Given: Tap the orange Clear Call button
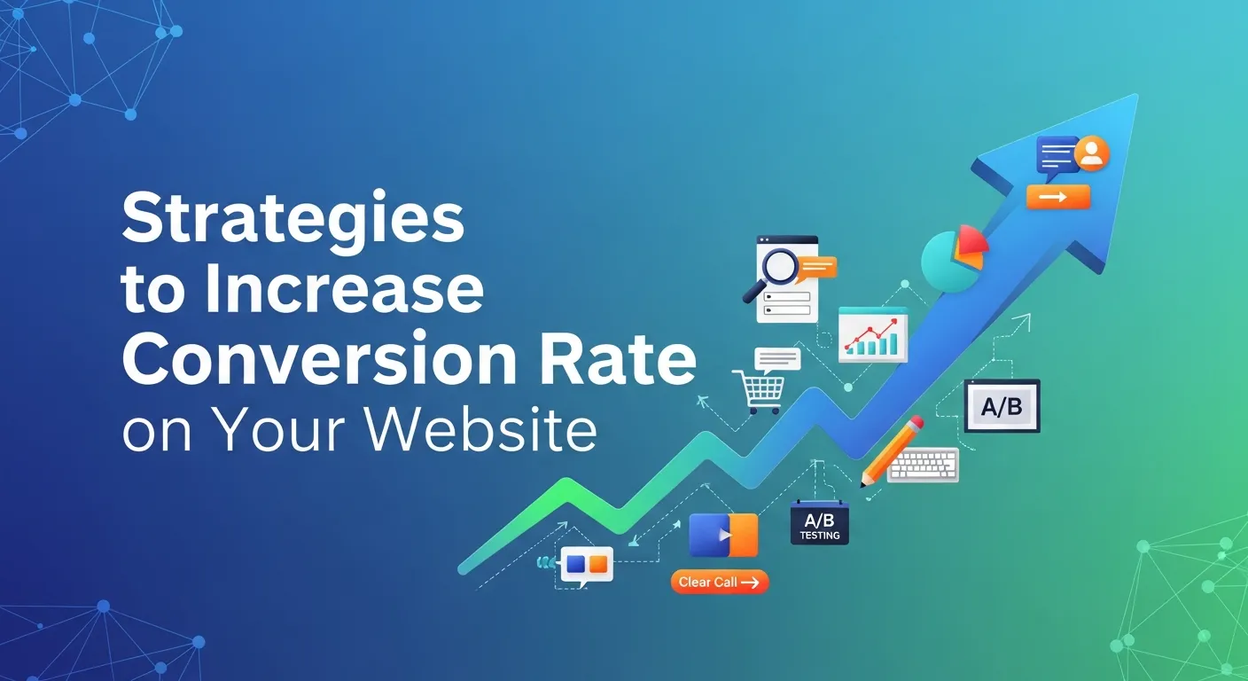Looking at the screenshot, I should (719, 582).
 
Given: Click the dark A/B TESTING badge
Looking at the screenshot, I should (820, 524).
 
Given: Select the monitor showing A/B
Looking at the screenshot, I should (1002, 406).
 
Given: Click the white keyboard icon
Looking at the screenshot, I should (924, 464).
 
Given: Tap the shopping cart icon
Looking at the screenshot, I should (759, 391).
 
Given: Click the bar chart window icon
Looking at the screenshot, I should (873, 334).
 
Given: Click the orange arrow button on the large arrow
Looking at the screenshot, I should (1057, 197).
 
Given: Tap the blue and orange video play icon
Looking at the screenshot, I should (724, 536).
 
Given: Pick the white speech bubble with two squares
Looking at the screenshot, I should (587, 564).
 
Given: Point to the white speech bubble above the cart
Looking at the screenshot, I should (777, 358).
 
